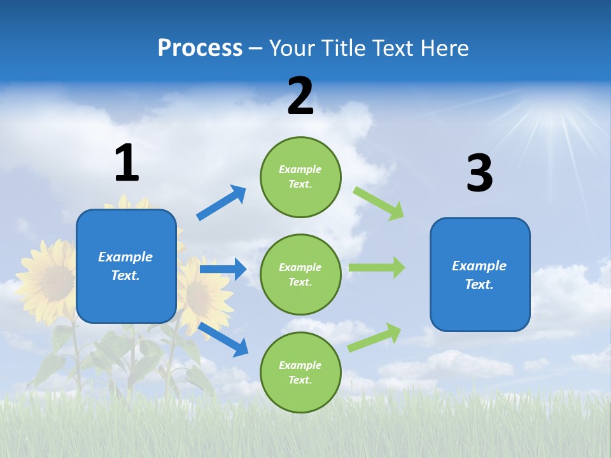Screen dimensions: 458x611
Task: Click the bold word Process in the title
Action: tap(200, 48)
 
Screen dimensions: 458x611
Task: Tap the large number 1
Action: tap(127, 163)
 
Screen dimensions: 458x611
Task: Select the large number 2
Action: tap(300, 96)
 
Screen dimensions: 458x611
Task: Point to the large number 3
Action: tap(479, 174)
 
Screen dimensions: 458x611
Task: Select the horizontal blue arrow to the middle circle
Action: tap(223, 269)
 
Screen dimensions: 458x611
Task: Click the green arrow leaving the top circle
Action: tap(379, 203)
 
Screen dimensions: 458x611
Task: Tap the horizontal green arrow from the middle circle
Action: tap(377, 267)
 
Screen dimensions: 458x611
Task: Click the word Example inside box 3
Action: tap(479, 266)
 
